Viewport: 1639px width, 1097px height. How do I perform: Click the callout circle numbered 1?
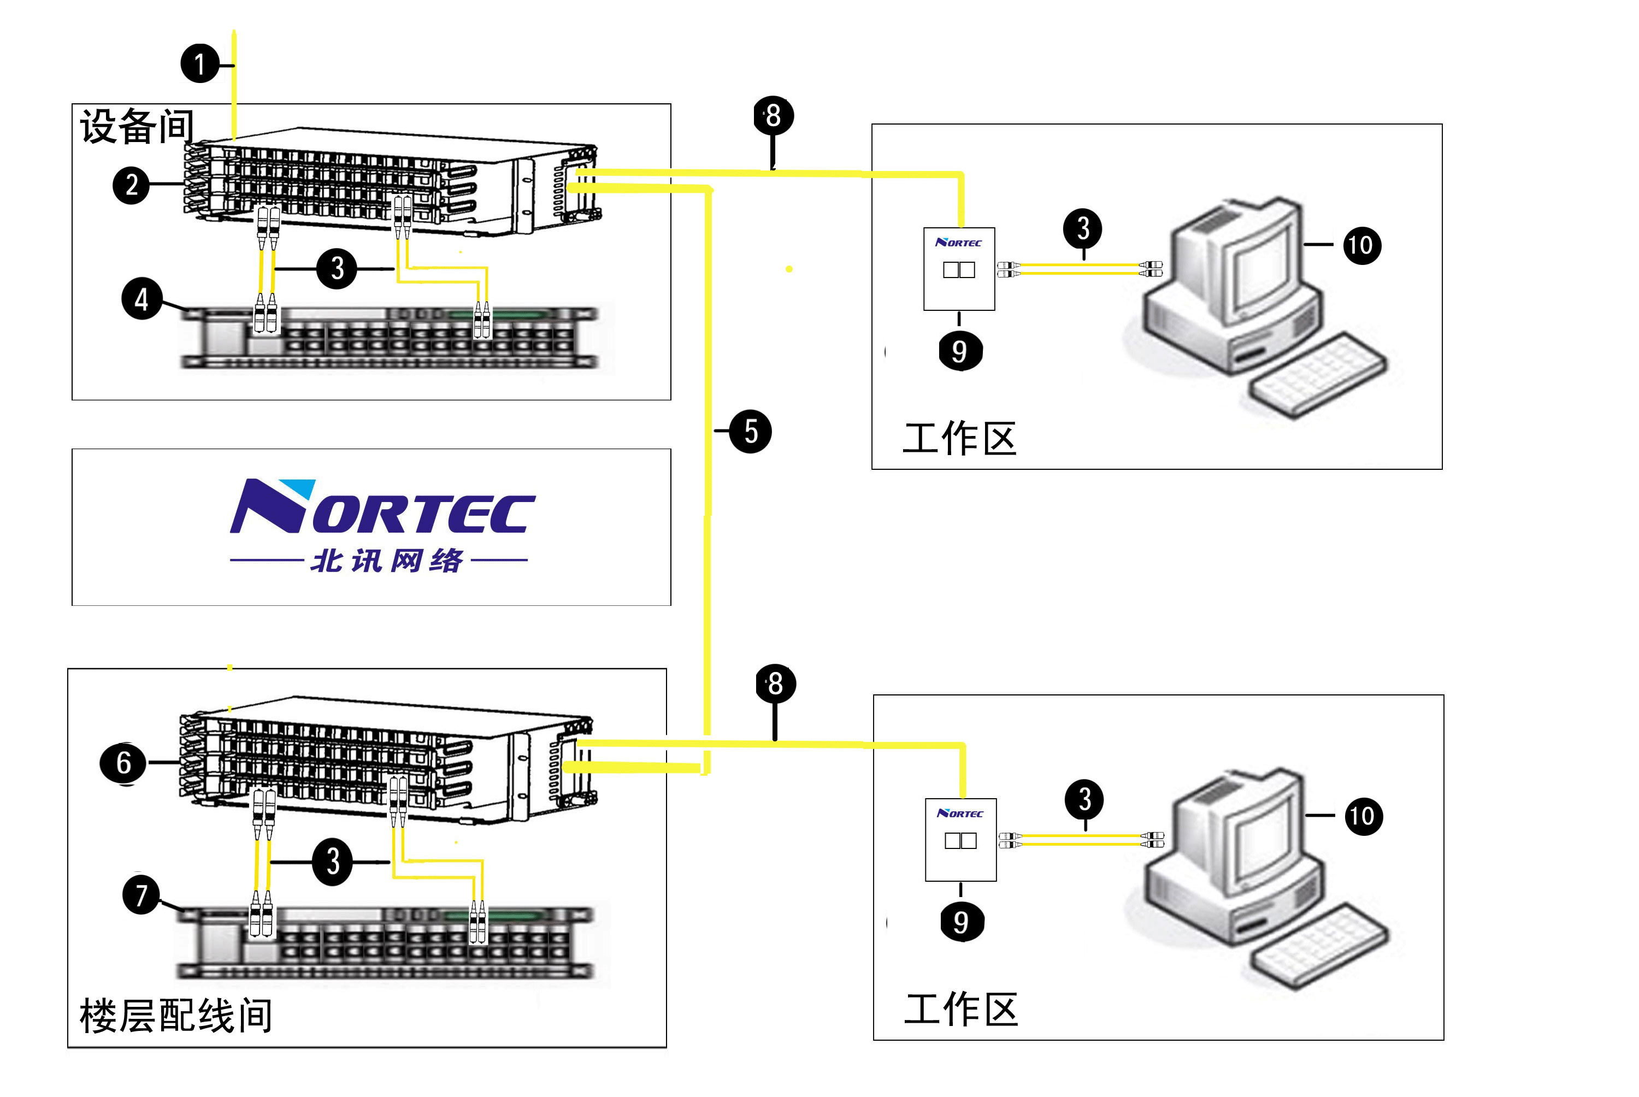tap(200, 64)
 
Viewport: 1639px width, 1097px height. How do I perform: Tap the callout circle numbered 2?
tap(132, 185)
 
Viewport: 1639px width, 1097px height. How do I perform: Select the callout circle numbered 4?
tap(142, 299)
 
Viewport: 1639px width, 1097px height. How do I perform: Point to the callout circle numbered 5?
tap(751, 432)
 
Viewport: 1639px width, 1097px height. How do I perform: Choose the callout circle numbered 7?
tap(142, 895)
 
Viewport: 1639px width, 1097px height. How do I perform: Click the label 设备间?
tap(137, 127)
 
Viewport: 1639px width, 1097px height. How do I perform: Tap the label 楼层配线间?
tap(175, 1015)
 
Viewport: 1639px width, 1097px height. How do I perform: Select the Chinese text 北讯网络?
tap(387, 561)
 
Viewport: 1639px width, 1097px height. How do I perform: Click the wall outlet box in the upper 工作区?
tap(959, 269)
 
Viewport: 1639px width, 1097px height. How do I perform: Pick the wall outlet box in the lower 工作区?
tap(960, 840)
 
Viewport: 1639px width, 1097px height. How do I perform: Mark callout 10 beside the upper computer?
tap(1361, 245)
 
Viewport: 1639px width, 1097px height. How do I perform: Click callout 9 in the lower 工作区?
tap(962, 922)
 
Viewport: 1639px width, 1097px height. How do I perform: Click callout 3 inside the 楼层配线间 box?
tap(332, 862)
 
